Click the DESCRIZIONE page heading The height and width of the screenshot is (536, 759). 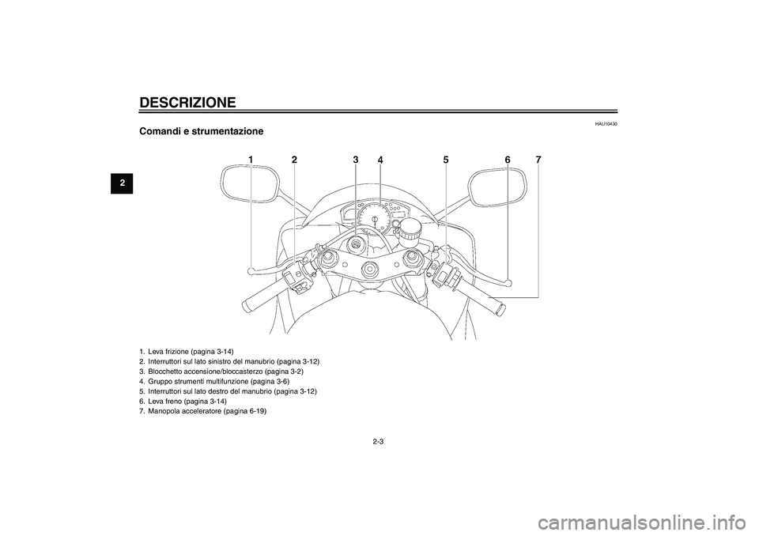[x=187, y=103]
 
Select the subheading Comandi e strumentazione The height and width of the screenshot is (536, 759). [x=202, y=131]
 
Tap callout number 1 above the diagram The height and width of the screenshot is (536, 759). [x=251, y=160]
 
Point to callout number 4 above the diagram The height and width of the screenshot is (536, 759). [x=380, y=160]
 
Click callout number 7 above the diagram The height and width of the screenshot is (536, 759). [x=538, y=160]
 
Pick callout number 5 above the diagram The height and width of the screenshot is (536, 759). [x=445, y=160]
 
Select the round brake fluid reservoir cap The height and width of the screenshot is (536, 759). [x=410, y=226]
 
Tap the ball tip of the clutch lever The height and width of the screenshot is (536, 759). [x=250, y=271]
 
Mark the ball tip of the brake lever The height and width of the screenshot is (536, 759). [x=508, y=281]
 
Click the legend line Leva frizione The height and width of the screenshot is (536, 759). [x=186, y=352]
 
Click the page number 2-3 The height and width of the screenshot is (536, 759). [x=378, y=441]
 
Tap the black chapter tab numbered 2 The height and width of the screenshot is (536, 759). [x=122, y=183]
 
